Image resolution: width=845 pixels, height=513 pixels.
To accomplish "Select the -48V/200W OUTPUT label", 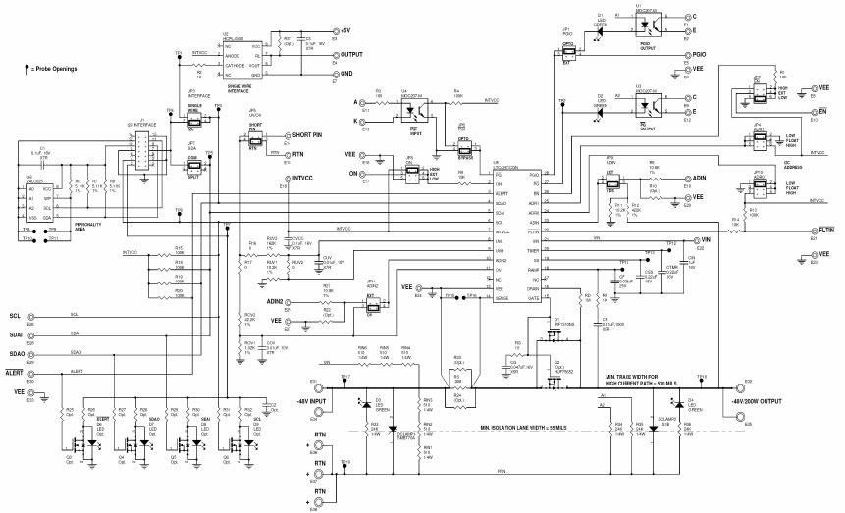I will (x=759, y=401).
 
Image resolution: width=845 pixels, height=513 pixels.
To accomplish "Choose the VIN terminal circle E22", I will (x=690, y=239).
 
